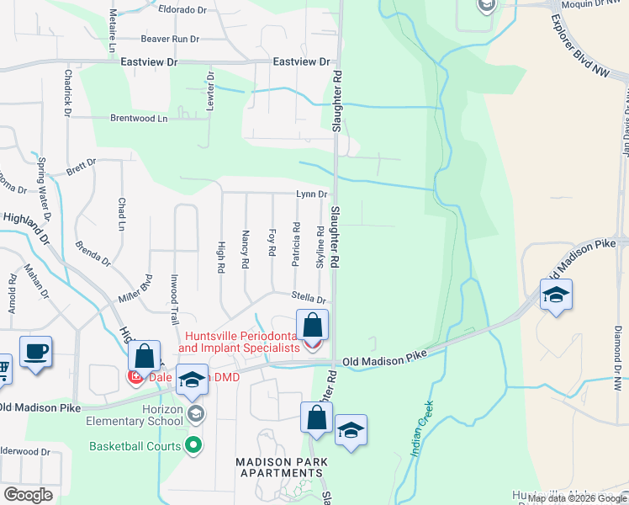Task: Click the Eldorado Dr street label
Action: (182, 10)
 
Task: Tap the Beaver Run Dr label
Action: (169, 39)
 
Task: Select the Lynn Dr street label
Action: (310, 194)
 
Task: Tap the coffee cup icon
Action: (35, 353)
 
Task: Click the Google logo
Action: (28, 495)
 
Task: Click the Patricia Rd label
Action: (296, 244)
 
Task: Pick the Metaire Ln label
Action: (111, 31)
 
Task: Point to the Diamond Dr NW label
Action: (617, 345)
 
